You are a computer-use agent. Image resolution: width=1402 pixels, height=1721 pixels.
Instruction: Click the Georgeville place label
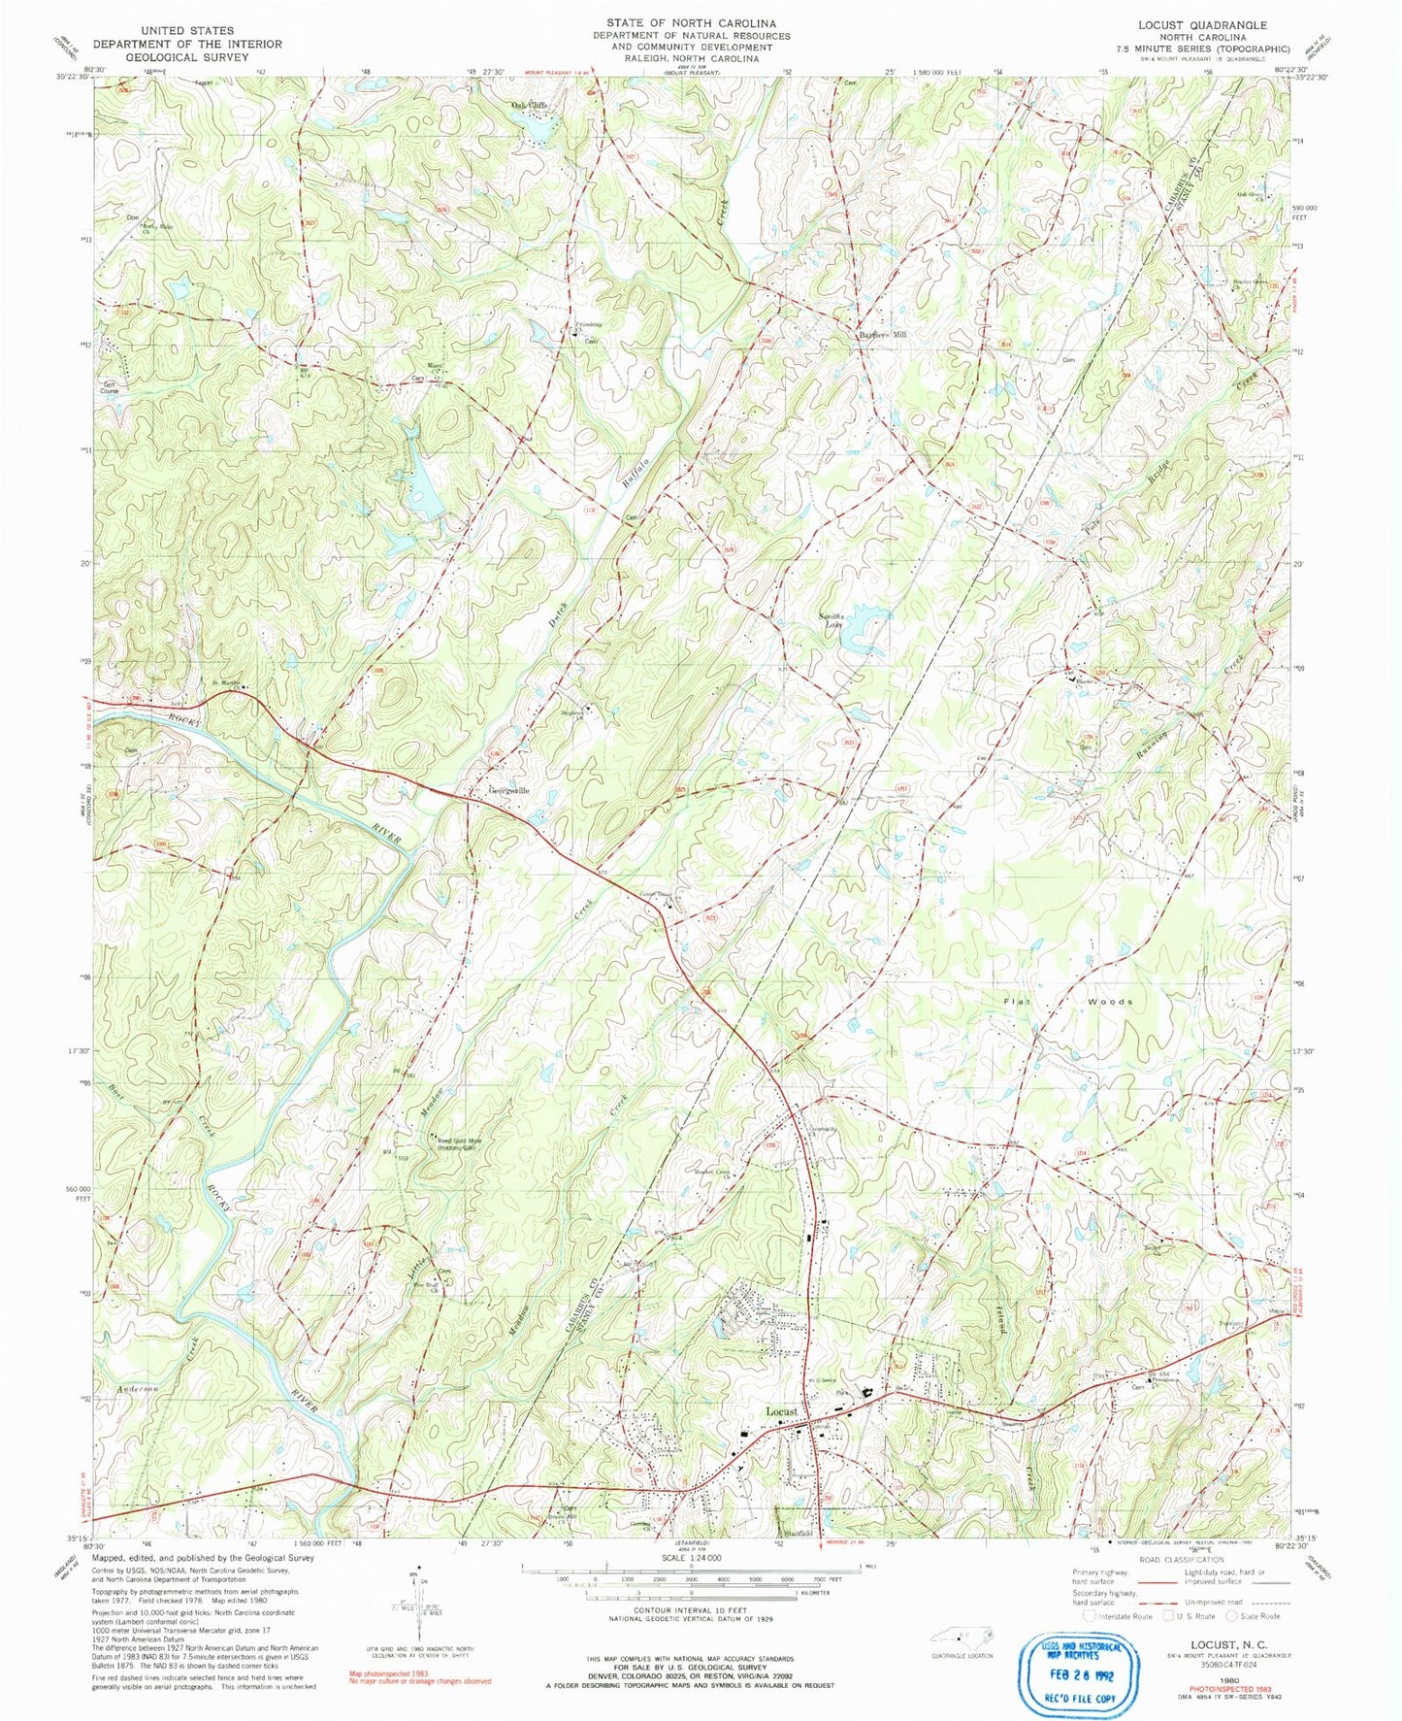pos(508,790)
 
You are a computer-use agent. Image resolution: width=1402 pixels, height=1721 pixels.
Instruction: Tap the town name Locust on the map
pos(782,1410)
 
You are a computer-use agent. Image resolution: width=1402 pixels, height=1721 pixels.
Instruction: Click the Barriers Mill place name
pos(881,334)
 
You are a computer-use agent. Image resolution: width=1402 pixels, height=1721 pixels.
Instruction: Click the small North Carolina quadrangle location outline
pos(961,1635)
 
